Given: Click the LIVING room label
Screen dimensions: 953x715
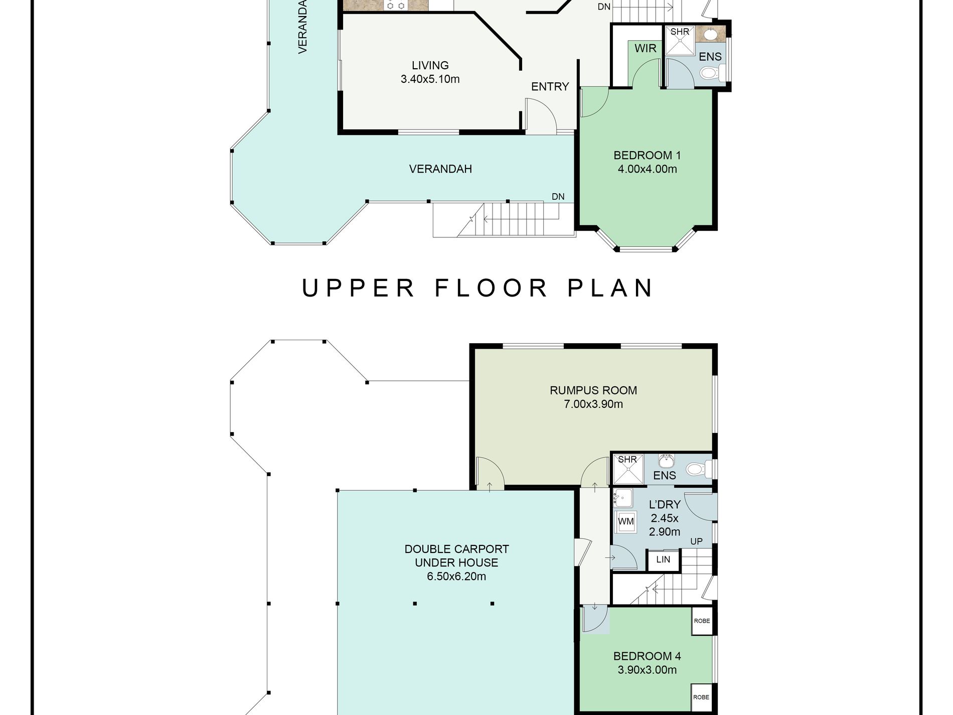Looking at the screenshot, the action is click(x=430, y=65).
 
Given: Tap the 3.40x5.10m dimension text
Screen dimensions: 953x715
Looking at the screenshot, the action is click(x=430, y=79).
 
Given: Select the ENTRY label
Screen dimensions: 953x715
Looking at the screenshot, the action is click(x=550, y=86).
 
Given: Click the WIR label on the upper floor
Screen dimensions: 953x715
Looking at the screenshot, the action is click(x=645, y=48).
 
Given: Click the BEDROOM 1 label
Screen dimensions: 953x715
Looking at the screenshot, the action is click(x=647, y=155).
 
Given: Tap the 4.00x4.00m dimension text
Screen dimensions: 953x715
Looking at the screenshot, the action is click(x=647, y=169).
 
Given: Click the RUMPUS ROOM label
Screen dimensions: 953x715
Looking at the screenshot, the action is click(x=593, y=390).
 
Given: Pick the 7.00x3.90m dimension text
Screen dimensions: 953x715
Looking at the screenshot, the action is click(x=593, y=404).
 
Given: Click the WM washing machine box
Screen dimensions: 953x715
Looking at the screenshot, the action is click(x=625, y=522).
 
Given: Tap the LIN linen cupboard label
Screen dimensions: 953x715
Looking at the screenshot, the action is click(x=663, y=559).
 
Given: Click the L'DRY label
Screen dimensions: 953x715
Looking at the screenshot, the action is click(x=665, y=504).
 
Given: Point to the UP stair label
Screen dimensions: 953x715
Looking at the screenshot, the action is click(x=696, y=541).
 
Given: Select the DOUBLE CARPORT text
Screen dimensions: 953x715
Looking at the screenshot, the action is click(x=456, y=549).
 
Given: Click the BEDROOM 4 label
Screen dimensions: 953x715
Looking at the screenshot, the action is click(x=647, y=656).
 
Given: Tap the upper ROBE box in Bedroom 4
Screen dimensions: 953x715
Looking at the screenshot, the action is click(x=702, y=621).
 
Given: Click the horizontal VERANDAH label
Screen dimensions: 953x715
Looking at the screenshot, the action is click(x=440, y=169).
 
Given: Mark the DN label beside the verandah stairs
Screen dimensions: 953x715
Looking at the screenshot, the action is click(x=558, y=197).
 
